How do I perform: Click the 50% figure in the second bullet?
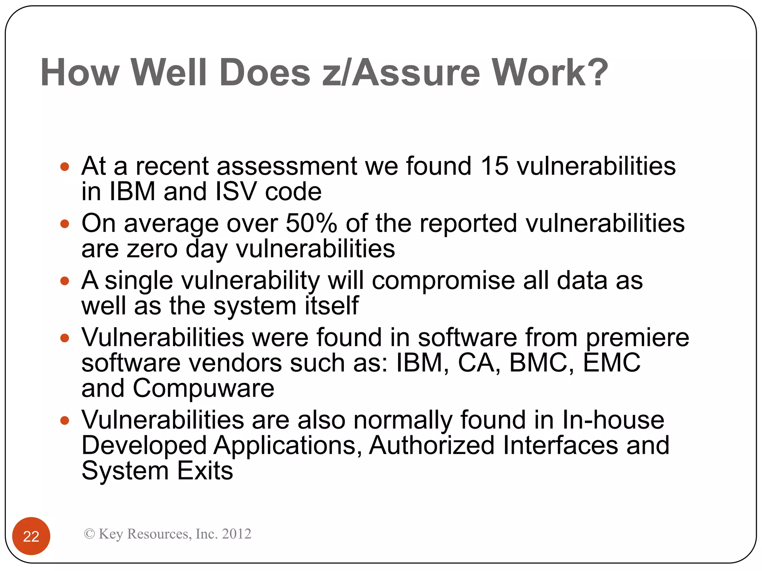[x=311, y=223]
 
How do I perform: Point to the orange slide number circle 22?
[x=31, y=536]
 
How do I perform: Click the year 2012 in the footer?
[x=236, y=534]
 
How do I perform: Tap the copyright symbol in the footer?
[x=89, y=534]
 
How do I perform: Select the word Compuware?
[x=204, y=388]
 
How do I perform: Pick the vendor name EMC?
[x=612, y=363]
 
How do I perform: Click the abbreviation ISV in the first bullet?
[x=236, y=192]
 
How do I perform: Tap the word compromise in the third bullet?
[x=443, y=281]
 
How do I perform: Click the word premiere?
[x=637, y=338]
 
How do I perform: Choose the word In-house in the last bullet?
[x=613, y=420]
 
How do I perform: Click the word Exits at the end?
[x=205, y=471]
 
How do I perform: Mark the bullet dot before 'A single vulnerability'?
[x=65, y=281]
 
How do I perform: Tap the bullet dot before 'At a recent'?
[x=65, y=167]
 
